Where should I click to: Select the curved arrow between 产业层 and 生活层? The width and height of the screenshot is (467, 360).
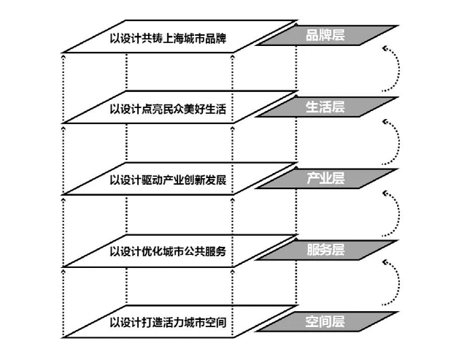click(x=395, y=139)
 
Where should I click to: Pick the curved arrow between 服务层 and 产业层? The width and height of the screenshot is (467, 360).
click(x=395, y=210)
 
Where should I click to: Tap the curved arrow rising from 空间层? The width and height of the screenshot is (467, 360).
click(x=395, y=281)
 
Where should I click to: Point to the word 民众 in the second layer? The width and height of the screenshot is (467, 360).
click(x=177, y=110)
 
